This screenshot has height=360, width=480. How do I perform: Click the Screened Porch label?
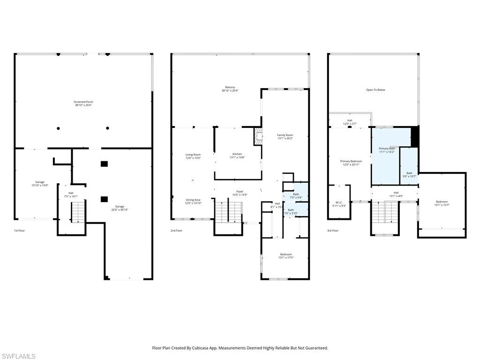click(83, 104)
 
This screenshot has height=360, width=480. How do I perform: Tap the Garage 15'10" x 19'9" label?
click(40, 183)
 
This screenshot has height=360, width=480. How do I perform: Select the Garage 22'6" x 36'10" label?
click(120, 208)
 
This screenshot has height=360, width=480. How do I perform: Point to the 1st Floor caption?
click(19, 231)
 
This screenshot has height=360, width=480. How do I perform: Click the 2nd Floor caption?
click(176, 231)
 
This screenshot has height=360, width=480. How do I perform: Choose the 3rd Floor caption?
click(332, 231)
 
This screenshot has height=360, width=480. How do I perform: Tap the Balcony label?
click(230, 89)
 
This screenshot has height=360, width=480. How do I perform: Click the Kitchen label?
click(237, 155)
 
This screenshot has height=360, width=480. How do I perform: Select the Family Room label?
click(285, 136)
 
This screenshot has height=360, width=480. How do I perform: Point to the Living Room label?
click(193, 156)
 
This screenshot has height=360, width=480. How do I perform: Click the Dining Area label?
click(193, 201)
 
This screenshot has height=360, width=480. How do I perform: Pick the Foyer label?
click(240, 193)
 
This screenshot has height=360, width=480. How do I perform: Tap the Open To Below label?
click(375, 90)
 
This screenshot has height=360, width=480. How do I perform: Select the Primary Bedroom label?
click(351, 163)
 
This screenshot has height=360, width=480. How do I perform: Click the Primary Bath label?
click(387, 150)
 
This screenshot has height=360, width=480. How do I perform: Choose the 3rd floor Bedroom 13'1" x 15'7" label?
click(442, 203)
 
